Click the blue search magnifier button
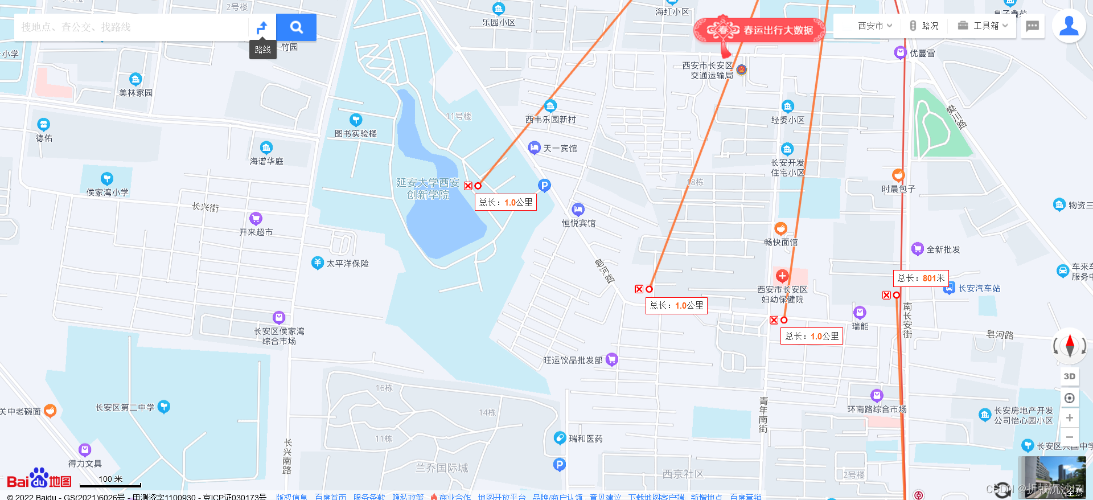coord(296,27)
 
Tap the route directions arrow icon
coord(262,27)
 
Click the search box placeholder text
coord(76,27)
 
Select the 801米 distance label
coord(921,278)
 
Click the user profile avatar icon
coord(1069,26)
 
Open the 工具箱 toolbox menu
coord(983,26)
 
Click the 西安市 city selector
coord(874,26)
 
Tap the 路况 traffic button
coord(924,26)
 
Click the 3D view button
coord(1069,376)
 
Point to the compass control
coord(1069,345)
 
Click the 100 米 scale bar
coord(110,482)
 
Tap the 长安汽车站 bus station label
coord(979,288)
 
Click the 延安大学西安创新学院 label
coord(428,188)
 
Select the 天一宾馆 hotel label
coord(560,148)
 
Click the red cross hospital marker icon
coord(782,276)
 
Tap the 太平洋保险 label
coord(347,263)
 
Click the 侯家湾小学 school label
coord(107,192)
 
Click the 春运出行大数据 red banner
coord(760,30)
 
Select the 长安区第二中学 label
coord(125,407)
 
